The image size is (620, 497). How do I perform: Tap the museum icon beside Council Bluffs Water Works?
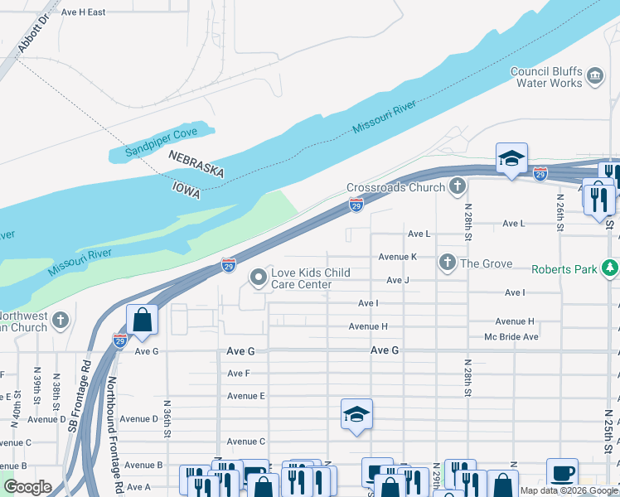click(594, 77)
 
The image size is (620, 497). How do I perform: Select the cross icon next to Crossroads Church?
click(457, 187)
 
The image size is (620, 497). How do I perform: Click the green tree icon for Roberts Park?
click(610, 268)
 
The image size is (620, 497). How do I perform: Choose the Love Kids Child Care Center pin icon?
click(259, 278)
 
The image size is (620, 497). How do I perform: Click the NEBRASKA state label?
click(196, 163)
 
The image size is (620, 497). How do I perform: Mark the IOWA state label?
click(186, 189)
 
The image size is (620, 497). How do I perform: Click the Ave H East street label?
click(83, 12)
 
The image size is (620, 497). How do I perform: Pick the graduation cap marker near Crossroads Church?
click(511, 158)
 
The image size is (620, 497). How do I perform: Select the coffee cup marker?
click(562, 473)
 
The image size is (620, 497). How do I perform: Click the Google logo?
click(28, 487)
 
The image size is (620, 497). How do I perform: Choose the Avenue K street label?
click(397, 257)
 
